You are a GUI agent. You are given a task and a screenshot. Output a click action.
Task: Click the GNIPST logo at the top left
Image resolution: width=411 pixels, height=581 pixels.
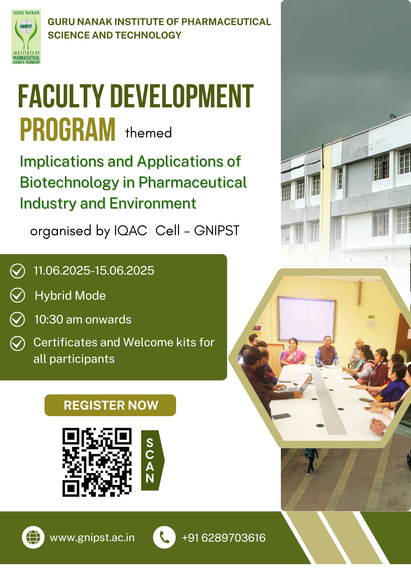point(26,37)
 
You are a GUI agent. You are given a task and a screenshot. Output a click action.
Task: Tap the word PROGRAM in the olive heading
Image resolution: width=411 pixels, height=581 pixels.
point(68,130)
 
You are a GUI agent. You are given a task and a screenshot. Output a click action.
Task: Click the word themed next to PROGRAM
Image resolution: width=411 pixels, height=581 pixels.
point(148,133)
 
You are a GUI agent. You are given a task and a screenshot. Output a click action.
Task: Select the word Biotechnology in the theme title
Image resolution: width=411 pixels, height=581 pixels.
point(69,182)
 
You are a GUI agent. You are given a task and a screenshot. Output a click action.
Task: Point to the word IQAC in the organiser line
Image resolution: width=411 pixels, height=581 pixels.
point(131,231)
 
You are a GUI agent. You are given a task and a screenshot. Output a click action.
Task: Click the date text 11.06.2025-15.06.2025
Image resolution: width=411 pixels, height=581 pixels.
point(94,271)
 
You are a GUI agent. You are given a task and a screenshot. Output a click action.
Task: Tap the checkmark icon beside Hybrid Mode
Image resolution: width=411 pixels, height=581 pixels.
point(18,295)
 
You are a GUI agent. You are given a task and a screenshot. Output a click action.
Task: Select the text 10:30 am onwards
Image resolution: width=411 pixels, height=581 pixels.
point(83,320)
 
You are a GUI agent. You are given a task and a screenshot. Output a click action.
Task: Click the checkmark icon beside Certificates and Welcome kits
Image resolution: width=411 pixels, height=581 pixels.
point(18,344)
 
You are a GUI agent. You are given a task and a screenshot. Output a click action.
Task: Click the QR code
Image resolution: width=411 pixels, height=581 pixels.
point(97,462)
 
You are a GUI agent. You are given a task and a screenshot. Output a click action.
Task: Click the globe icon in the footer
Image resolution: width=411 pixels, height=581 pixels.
point(33,538)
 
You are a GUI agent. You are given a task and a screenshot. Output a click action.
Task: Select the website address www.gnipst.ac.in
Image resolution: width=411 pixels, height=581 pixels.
point(92,538)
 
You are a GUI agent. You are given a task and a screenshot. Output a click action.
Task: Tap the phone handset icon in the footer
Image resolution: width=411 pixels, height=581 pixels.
point(164,538)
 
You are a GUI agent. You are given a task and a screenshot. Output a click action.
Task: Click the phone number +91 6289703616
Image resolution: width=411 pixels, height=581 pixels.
point(224,538)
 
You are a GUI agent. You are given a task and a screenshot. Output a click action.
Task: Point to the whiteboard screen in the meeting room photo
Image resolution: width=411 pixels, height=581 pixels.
point(307,320)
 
